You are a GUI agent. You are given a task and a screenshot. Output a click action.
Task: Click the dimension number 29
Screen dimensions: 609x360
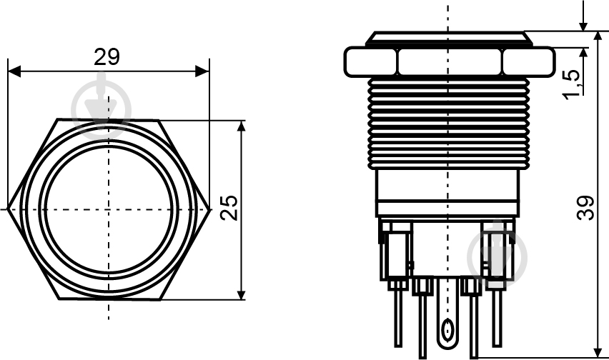(107, 57)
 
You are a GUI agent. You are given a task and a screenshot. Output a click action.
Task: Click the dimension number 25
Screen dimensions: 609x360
(229, 208)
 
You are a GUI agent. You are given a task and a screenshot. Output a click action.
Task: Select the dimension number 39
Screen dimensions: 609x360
(585, 209)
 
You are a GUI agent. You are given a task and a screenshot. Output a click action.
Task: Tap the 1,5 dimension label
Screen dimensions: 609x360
(573, 84)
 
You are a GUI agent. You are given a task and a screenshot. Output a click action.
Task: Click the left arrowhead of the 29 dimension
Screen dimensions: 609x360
(14, 71)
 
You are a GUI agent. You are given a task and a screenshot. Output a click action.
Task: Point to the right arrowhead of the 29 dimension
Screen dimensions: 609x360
(202, 71)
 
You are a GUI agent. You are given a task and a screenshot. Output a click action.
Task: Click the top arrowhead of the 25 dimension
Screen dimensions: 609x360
(242, 127)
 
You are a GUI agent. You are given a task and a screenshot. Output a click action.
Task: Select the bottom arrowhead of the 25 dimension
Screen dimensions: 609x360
(242, 294)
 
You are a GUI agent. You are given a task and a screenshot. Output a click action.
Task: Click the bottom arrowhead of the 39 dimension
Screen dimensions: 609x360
(598, 351)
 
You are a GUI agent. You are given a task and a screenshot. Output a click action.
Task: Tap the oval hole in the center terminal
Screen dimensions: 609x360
(448, 330)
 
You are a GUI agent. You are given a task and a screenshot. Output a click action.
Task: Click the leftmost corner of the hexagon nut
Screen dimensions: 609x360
(8, 209)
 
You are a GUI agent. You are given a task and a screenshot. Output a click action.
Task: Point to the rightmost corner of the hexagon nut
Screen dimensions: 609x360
(210, 209)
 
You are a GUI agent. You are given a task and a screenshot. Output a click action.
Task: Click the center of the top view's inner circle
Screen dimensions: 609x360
(109, 209)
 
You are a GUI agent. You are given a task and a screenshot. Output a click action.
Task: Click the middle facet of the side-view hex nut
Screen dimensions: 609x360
(450, 61)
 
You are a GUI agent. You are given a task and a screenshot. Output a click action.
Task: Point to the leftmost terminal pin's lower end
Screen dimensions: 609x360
(398, 345)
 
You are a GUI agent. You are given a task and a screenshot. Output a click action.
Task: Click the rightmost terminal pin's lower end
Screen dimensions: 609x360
(497, 345)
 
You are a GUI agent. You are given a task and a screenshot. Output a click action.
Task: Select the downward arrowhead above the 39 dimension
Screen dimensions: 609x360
(583, 25)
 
